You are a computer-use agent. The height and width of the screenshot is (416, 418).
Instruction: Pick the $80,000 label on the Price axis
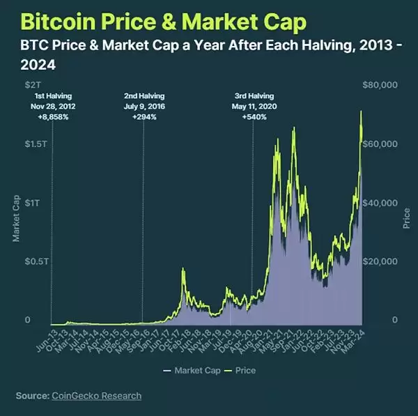tap(380, 84)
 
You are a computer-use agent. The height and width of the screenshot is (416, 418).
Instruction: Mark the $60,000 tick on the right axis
tap(380, 144)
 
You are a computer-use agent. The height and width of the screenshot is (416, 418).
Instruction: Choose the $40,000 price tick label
tap(380, 202)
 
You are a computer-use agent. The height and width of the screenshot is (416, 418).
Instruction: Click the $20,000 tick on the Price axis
tap(380, 261)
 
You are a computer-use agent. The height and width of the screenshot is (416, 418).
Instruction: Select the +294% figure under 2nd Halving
tap(144, 117)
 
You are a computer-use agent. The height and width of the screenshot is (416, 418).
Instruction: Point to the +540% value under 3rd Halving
tap(253, 117)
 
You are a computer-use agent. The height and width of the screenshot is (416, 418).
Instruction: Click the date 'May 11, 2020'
tap(253, 107)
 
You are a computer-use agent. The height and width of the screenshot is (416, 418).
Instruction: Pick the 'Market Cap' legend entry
tap(196, 370)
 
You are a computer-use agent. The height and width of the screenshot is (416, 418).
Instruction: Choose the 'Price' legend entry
tap(245, 370)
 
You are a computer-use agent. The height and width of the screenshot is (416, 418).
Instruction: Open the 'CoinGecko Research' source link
tap(96, 396)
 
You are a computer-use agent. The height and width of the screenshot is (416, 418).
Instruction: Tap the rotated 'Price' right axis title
tap(406, 217)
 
